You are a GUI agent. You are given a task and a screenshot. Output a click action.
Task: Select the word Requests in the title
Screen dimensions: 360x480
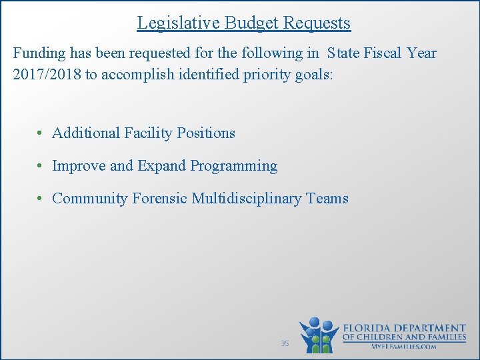point(317,23)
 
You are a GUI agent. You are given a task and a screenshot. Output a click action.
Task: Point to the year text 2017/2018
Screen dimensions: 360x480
point(46,74)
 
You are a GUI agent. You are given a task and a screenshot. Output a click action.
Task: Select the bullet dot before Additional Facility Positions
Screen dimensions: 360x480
point(41,133)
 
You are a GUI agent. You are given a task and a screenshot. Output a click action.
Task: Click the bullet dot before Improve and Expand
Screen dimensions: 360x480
point(41,166)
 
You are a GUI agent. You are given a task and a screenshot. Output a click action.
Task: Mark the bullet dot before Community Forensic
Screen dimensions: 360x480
point(41,199)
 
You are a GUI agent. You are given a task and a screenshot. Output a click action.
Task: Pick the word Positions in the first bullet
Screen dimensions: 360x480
point(206,133)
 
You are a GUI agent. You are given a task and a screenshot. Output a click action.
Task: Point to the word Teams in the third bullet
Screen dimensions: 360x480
point(327,199)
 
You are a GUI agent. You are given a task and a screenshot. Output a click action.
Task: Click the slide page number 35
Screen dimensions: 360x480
point(285,343)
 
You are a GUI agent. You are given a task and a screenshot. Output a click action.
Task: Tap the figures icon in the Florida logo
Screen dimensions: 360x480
point(319,335)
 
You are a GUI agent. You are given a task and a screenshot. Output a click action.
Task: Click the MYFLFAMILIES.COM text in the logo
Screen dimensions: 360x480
point(404,347)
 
